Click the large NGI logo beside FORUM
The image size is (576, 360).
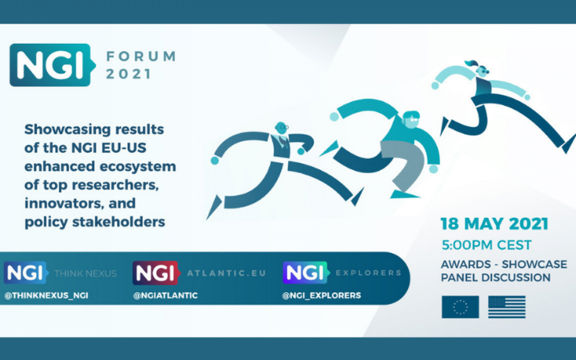[52, 65]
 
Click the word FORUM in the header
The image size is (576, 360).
[141, 56]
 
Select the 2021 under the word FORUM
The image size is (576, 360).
[128, 74]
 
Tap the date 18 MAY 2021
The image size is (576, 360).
[494, 224]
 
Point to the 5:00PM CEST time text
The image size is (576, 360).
[486, 245]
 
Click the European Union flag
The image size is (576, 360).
[460, 307]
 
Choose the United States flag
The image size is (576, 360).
[507, 307]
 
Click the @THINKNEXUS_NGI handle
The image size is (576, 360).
[46, 296]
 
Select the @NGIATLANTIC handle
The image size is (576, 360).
[165, 296]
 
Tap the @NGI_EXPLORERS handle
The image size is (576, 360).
[322, 296]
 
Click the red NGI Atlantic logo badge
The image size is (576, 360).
[156, 273]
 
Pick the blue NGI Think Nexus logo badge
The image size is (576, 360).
[26, 272]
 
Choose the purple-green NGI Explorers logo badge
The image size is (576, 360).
[306, 272]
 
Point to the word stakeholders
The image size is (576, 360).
[118, 222]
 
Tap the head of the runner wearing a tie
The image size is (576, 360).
[281, 128]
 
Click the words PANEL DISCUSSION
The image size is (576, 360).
[496, 278]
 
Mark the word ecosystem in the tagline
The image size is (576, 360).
[138, 167]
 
